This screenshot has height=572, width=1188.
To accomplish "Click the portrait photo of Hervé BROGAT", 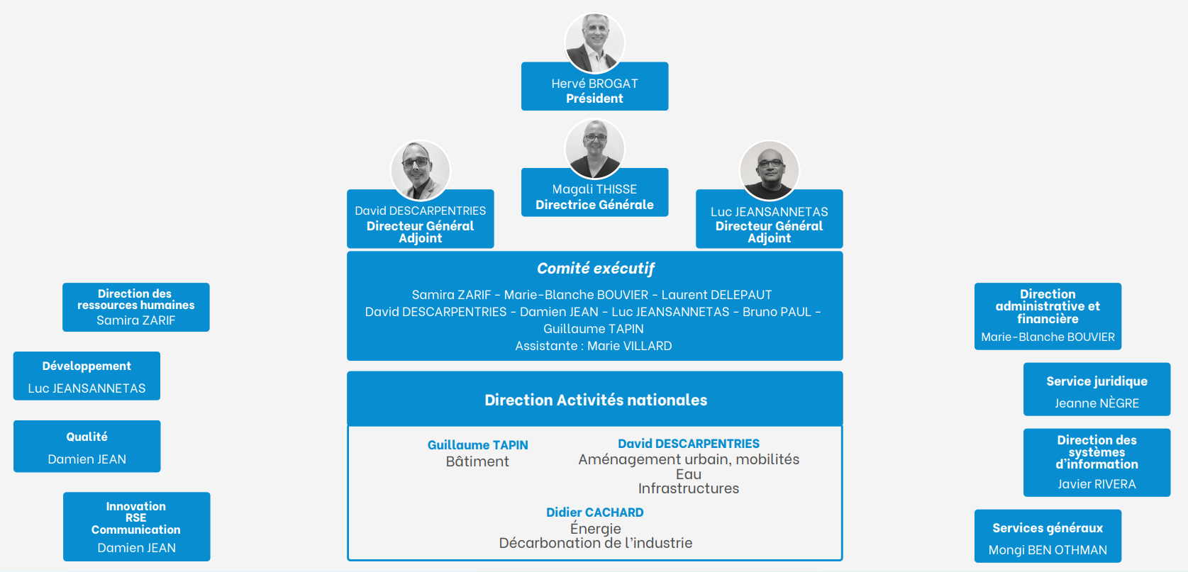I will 594,43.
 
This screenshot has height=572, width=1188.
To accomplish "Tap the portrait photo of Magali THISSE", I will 594,148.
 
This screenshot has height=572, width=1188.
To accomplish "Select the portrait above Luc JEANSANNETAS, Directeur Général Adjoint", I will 769,170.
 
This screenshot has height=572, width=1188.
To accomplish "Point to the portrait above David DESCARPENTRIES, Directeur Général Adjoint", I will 421,170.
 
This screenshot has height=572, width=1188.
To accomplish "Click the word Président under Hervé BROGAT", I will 594,99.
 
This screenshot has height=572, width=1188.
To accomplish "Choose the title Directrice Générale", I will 594,205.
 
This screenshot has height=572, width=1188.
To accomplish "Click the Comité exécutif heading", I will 595,269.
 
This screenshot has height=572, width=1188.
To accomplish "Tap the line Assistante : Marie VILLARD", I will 594,346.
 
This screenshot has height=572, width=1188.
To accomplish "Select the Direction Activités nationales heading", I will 595,400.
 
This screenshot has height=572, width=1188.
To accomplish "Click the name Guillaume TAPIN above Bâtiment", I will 477,445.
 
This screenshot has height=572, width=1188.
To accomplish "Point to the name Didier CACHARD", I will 594,512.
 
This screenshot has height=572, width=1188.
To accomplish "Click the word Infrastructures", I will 688,488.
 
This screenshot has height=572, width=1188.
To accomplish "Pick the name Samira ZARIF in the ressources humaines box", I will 135,320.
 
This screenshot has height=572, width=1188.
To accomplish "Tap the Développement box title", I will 87,366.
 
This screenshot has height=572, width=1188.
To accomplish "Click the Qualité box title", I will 87,437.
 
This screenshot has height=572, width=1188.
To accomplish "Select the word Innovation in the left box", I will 135,506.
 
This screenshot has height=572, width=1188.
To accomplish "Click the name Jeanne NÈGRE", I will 1097,403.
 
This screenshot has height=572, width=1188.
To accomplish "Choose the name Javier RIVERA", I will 1097,484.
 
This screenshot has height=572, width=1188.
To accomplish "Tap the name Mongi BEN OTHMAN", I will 1048,550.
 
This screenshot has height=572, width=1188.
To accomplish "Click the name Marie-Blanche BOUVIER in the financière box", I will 1048,337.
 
